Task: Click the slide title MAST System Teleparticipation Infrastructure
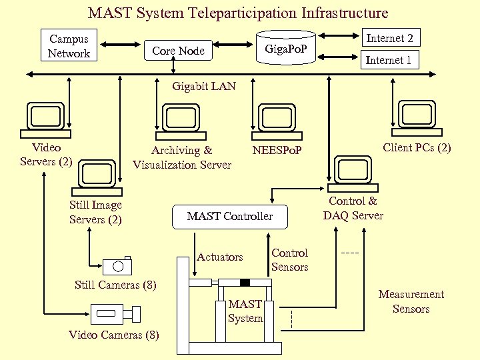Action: pyautogui.click(x=238, y=13)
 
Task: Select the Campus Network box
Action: pyautogui.click(x=69, y=46)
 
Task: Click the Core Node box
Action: pyautogui.click(x=178, y=51)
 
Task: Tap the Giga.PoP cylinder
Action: pyautogui.click(x=286, y=48)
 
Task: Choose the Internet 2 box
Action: pyautogui.click(x=389, y=38)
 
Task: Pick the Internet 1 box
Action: pyautogui.click(x=389, y=60)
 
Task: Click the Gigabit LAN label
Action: pyautogui.click(x=203, y=86)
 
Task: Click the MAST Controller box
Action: pyautogui.click(x=230, y=216)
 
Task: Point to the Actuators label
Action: pyautogui.click(x=220, y=257)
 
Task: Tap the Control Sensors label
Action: pyautogui.click(x=289, y=260)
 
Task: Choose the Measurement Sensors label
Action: pyautogui.click(x=411, y=301)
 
